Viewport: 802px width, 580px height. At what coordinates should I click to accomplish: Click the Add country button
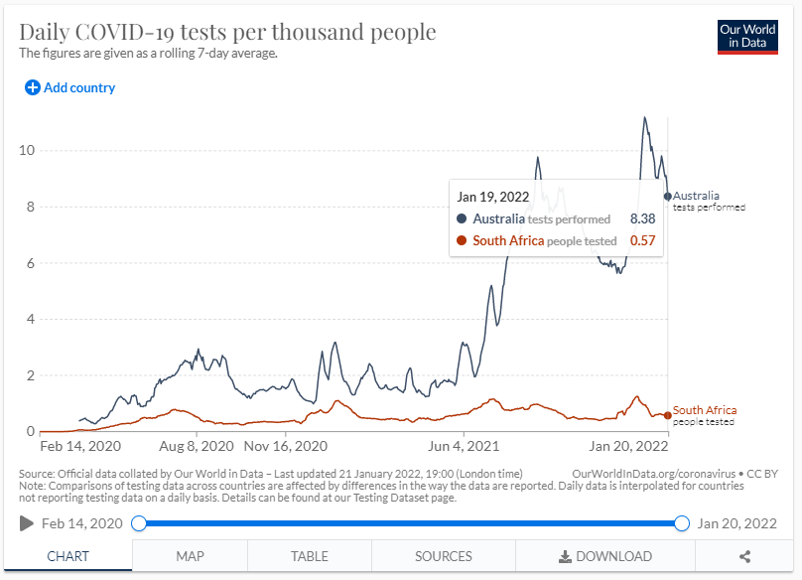70,87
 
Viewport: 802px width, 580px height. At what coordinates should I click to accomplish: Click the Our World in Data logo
747,37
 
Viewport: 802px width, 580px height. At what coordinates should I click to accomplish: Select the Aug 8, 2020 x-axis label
196,446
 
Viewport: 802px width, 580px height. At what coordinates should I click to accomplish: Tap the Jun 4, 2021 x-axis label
463,446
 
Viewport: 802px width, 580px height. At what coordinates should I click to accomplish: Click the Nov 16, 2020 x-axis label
285,446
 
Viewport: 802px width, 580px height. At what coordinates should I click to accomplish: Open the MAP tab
190,556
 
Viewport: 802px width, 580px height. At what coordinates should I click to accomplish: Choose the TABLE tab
310,556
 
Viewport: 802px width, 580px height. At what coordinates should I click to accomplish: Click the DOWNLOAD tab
605,556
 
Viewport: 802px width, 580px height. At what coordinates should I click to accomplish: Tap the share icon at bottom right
744,556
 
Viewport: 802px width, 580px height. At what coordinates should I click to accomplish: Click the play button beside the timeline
26,523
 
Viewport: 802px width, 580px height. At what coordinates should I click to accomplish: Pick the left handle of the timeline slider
140,523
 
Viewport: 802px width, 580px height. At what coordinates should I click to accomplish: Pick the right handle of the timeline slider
682,523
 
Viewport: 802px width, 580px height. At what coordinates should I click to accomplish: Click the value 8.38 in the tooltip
643,218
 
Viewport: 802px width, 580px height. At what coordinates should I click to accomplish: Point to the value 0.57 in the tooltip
643,240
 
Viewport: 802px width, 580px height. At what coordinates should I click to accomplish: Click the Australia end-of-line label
696,196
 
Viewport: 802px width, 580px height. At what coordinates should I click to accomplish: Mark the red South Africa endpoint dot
667,415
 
